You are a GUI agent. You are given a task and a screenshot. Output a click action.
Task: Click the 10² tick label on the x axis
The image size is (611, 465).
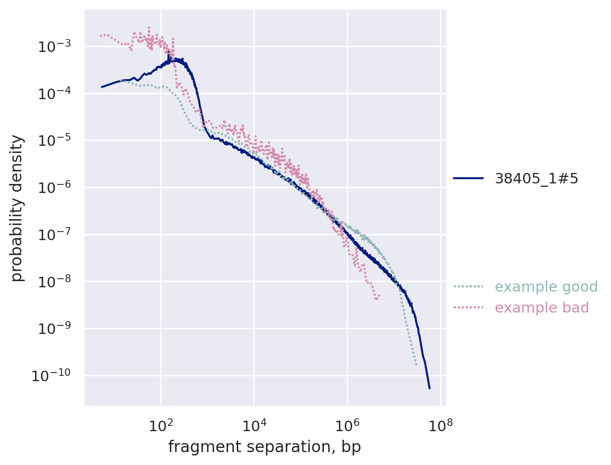(160, 425)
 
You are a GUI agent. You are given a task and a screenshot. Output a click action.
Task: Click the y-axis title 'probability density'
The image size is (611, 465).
(17, 208)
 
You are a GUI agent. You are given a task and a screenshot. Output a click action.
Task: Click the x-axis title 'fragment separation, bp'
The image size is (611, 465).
(264, 447)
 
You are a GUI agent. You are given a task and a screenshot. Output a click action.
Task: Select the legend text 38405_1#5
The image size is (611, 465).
(536, 179)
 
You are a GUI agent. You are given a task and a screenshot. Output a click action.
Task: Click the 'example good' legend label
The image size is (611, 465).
(546, 287)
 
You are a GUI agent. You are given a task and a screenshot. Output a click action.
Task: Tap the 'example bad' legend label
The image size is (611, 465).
(541, 308)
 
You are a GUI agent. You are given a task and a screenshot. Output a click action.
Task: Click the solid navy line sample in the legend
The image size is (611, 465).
(468, 179)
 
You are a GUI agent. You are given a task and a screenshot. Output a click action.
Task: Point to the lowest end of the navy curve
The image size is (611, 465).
(429, 388)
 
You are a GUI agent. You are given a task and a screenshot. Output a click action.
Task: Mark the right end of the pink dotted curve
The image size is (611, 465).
(379, 298)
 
